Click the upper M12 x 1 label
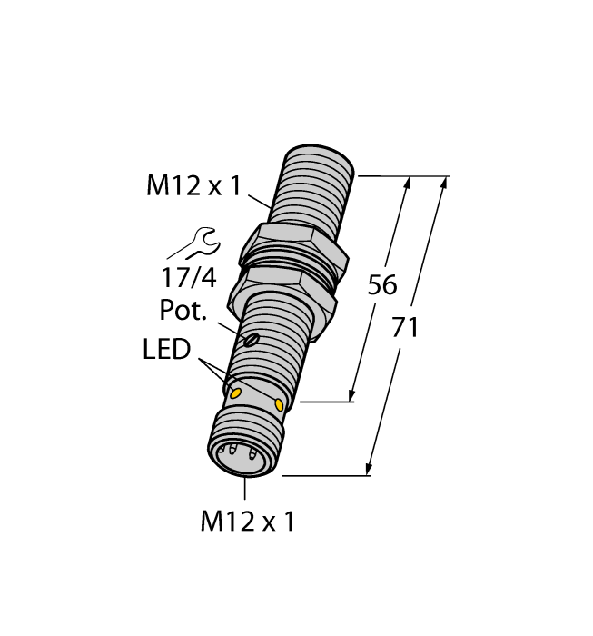coord(193,187)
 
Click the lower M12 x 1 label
coord(247,522)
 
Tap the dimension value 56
coord(381,285)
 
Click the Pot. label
coord(184,311)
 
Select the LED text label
coord(167,350)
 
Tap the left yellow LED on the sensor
coord(234,393)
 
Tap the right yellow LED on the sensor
coord(279,402)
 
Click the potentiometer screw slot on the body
coord(252,341)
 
